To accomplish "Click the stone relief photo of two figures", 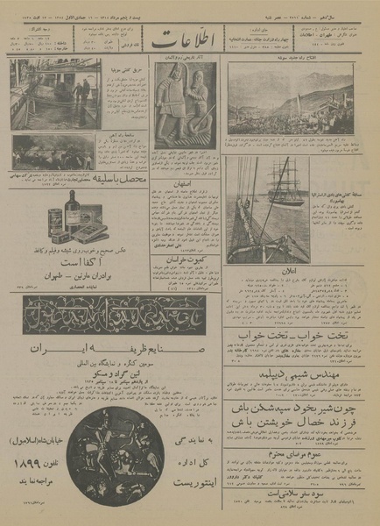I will click(185, 102).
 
